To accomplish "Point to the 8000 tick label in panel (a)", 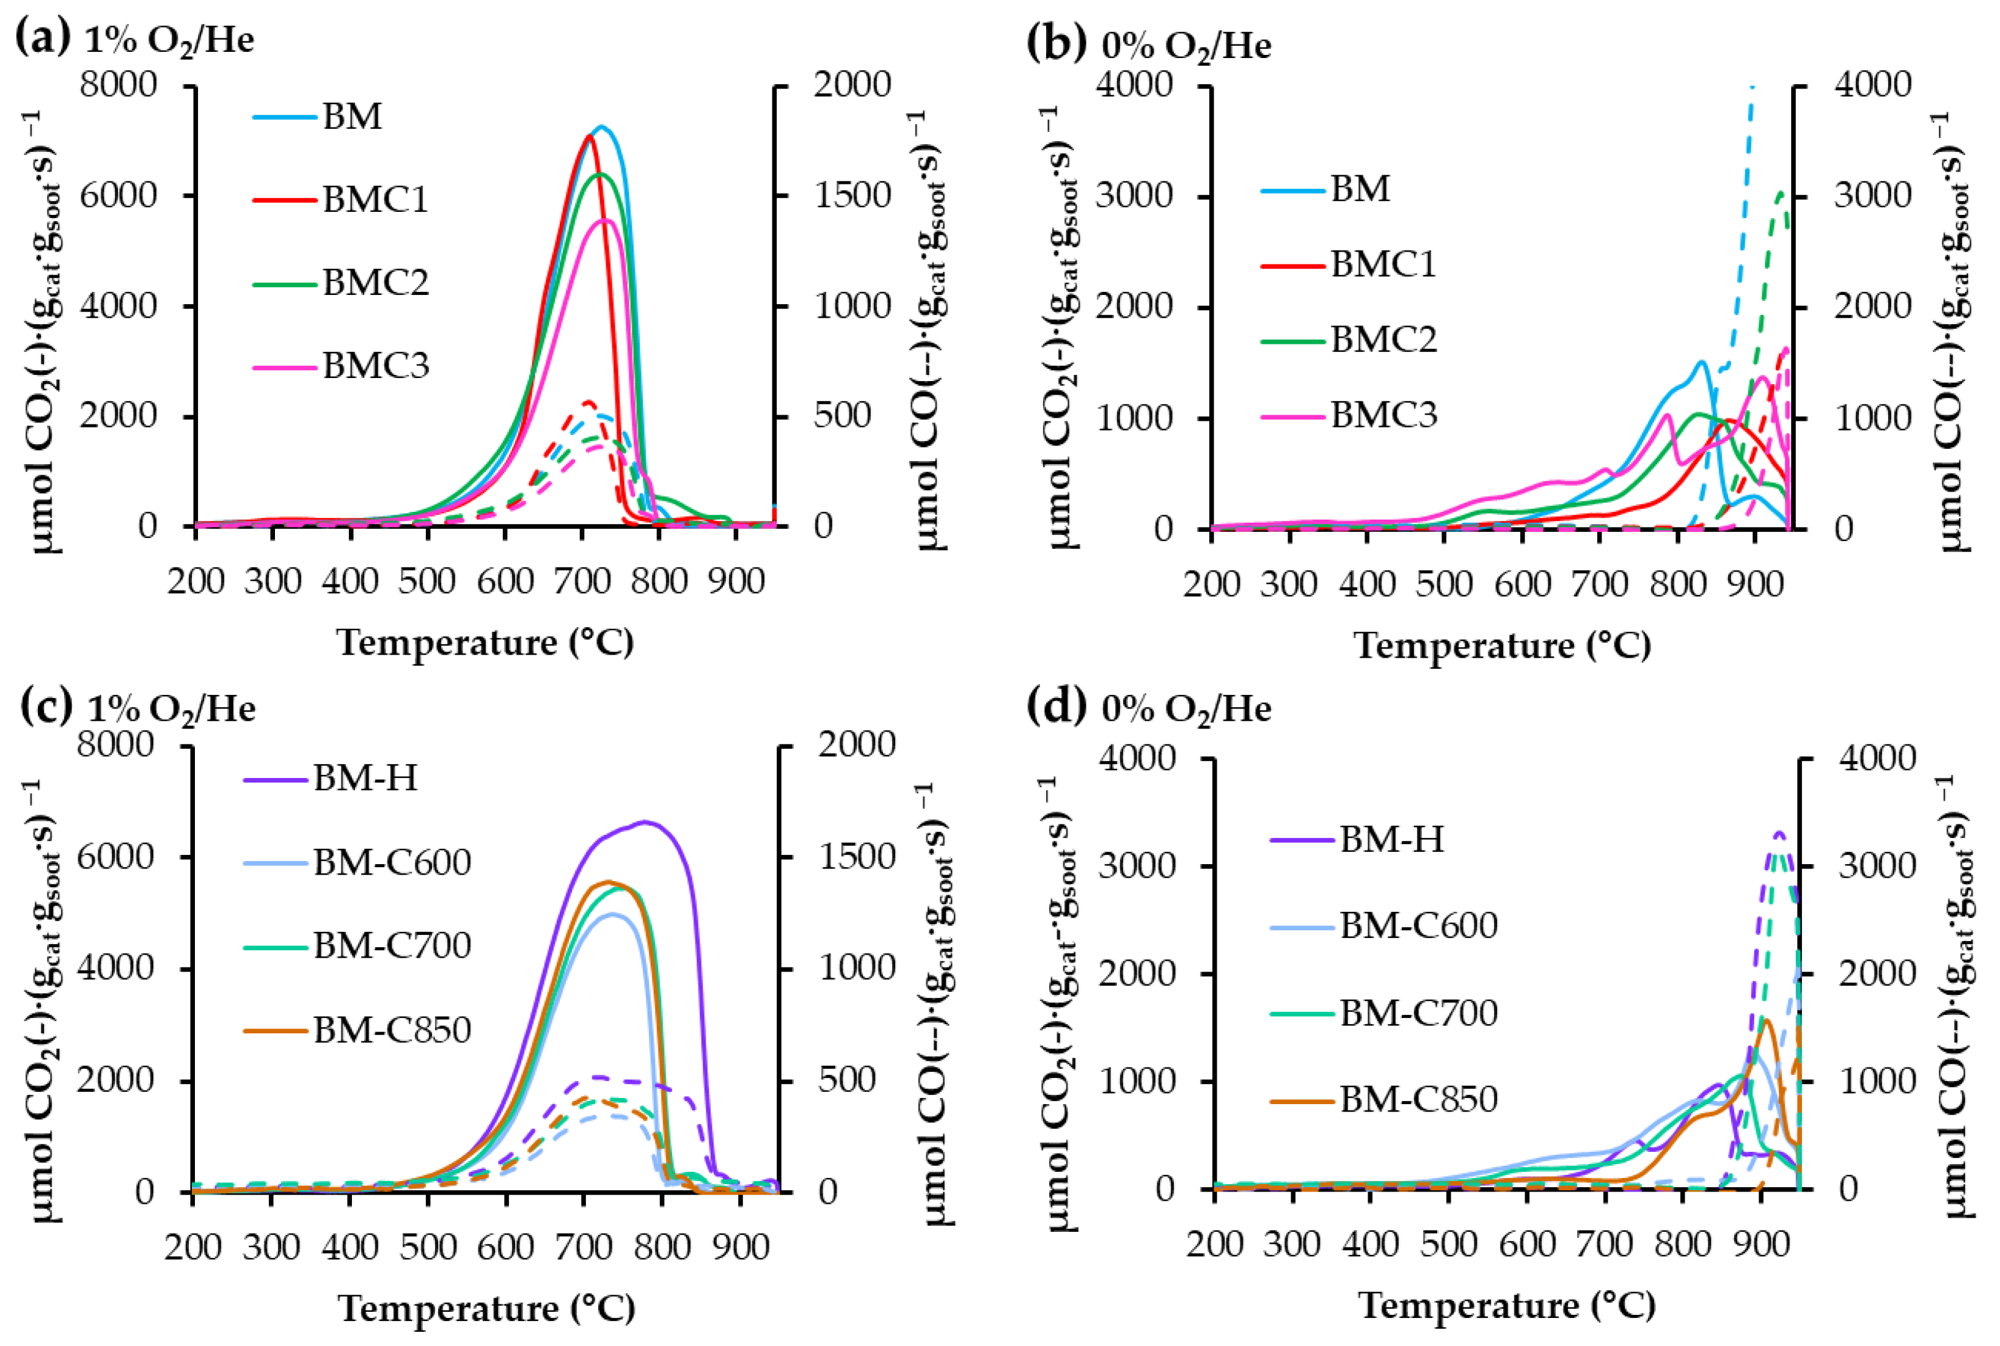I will click(x=119, y=85).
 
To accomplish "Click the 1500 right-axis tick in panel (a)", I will click(x=852, y=195).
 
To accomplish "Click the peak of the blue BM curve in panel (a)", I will click(x=602, y=127).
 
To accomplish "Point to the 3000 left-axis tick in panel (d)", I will click(x=1137, y=865).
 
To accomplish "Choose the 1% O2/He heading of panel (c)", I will click(x=171, y=709).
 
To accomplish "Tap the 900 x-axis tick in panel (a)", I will click(x=736, y=582).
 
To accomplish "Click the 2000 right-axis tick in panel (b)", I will click(x=1873, y=307).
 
